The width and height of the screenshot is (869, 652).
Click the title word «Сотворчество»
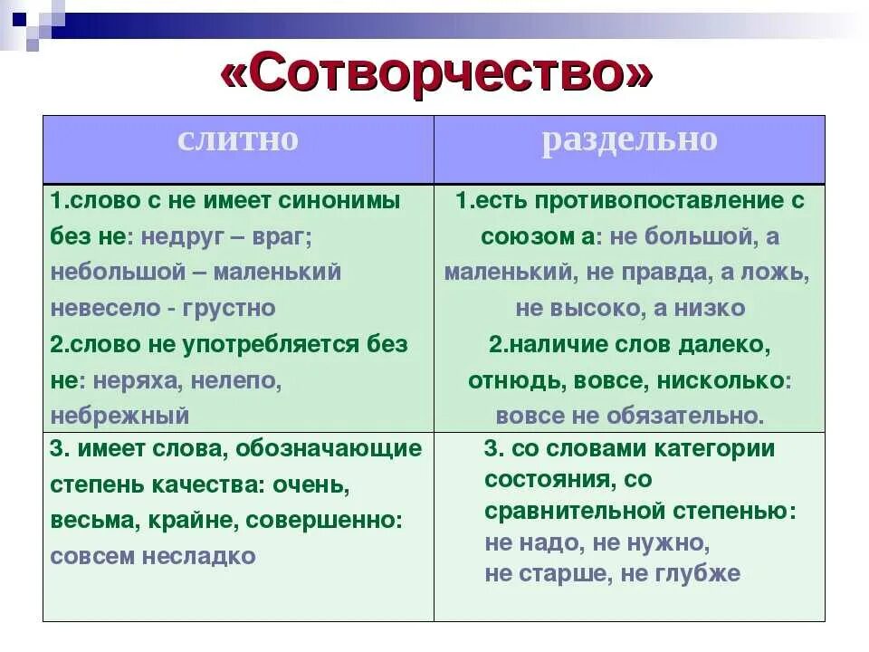(435, 74)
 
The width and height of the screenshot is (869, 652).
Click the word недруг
(178, 236)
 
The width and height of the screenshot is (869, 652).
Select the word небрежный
(119, 417)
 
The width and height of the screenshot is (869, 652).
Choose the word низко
(711, 308)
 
